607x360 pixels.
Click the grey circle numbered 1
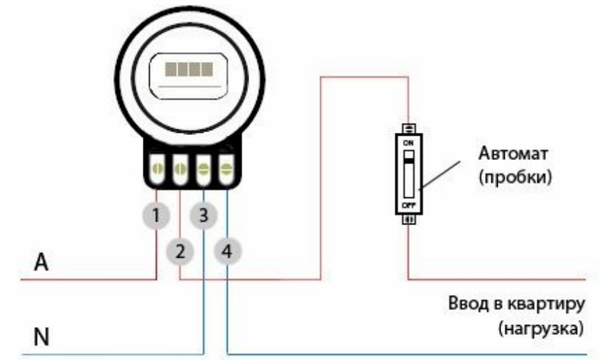click(x=158, y=214)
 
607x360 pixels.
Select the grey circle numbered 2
click(x=179, y=250)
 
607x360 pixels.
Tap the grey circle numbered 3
click(x=204, y=214)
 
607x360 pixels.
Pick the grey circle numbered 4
click(x=226, y=250)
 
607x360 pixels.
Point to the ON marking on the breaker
click(x=409, y=144)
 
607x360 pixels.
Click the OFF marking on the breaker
click(x=409, y=204)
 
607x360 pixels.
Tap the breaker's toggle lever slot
click(x=409, y=174)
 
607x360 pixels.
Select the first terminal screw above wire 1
click(x=158, y=170)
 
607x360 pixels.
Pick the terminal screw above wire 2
click(x=181, y=170)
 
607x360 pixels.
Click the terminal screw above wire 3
click(x=204, y=170)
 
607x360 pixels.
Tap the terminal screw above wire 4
click(x=226, y=170)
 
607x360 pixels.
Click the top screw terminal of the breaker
click(x=409, y=129)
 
